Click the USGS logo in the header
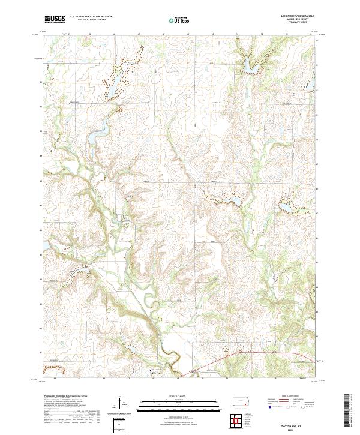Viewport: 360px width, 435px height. pos(55,19)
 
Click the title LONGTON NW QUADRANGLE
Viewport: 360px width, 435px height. pos(296,16)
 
